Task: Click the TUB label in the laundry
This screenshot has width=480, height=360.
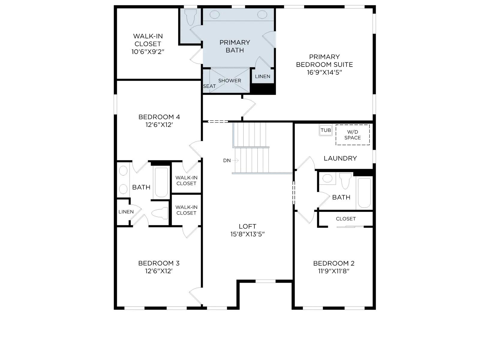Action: [x=325, y=130]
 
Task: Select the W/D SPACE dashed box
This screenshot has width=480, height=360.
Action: [x=352, y=135]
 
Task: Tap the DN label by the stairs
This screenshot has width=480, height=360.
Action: [x=227, y=160]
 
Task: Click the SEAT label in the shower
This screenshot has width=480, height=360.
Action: [x=209, y=86]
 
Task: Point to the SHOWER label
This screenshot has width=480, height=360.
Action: [x=229, y=81]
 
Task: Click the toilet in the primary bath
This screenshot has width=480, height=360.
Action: [x=191, y=17]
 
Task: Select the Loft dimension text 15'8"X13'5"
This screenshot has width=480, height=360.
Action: [x=247, y=234]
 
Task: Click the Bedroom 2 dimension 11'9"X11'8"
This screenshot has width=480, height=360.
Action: [x=334, y=271]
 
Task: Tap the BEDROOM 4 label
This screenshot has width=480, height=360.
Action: [x=159, y=117]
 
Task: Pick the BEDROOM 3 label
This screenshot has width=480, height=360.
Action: [x=159, y=263]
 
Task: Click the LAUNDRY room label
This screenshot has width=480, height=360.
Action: [x=340, y=158]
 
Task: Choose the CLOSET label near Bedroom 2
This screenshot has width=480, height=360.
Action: [x=346, y=219]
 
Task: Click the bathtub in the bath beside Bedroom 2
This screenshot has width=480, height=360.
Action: [x=364, y=193]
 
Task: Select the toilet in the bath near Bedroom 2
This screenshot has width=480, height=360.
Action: [x=345, y=181]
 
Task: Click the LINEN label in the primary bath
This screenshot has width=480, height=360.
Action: [x=262, y=76]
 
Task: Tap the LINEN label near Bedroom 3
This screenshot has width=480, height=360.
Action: [x=126, y=212]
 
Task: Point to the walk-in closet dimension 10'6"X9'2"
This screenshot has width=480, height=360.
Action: [x=148, y=52]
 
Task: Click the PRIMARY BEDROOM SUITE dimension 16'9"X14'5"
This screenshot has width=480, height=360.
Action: [x=324, y=72]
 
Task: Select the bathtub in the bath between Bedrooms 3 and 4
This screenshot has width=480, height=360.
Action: [x=161, y=182]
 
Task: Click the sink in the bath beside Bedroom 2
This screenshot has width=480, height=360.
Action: [x=327, y=178]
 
